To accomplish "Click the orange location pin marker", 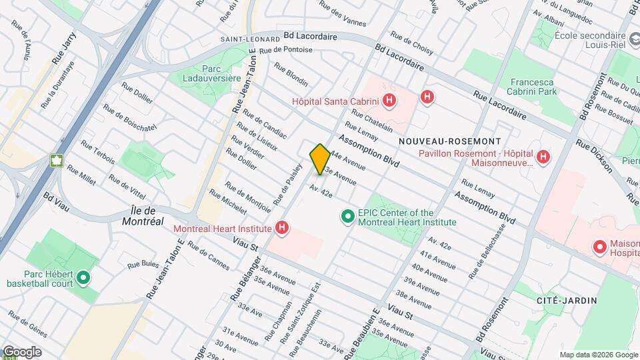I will (x=320, y=159).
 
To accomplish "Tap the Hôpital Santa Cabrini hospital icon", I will (x=390, y=102).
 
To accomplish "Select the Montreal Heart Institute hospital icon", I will (x=283, y=229).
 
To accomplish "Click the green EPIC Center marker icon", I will (x=347, y=217).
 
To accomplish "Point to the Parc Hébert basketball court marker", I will (x=83, y=277).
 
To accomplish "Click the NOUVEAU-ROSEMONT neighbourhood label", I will (x=458, y=142).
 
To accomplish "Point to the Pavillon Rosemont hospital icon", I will (x=544, y=157).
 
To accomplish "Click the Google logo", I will (x=22, y=351).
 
